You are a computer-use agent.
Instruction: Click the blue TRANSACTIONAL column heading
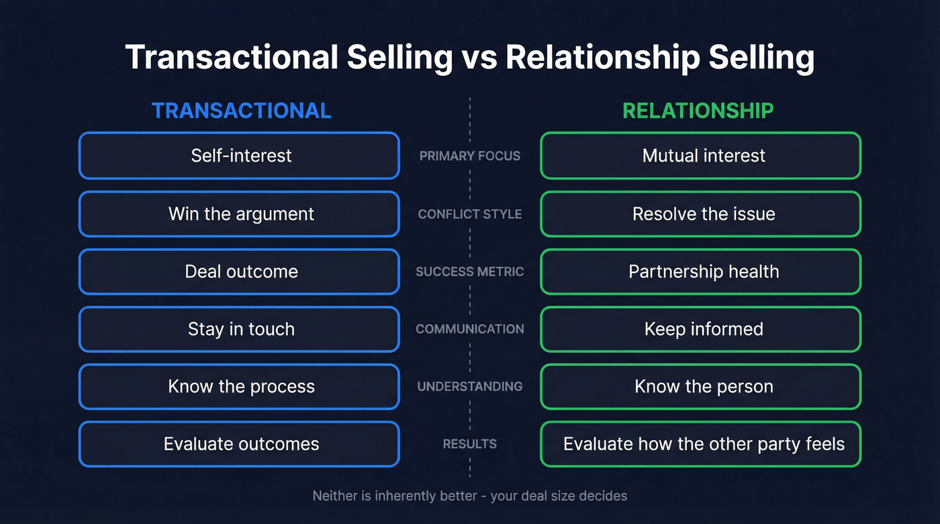click(241, 111)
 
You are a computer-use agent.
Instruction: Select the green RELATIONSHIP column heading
click(698, 111)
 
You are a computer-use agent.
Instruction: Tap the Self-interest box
click(239, 156)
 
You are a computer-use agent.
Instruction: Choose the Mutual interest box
click(700, 156)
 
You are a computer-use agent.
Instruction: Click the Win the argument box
click(239, 214)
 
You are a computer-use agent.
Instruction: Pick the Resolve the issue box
click(700, 214)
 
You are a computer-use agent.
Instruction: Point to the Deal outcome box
click(239, 272)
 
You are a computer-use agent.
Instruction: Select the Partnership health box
click(700, 272)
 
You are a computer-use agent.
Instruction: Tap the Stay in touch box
click(239, 329)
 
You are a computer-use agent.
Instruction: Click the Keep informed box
click(700, 329)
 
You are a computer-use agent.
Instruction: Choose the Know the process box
click(239, 386)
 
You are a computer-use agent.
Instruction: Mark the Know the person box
click(700, 386)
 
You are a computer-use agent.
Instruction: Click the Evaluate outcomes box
click(239, 444)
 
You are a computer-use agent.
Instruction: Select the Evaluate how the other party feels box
click(700, 444)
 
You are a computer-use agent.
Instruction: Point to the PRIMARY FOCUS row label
click(469, 156)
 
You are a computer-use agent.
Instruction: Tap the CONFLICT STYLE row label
click(469, 214)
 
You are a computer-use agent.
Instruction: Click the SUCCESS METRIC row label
click(469, 272)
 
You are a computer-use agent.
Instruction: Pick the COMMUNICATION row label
click(469, 329)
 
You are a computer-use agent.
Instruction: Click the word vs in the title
click(479, 58)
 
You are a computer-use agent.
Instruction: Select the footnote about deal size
click(469, 496)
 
